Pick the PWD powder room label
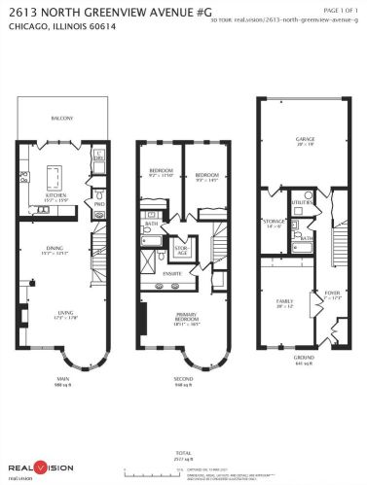coord(98,204)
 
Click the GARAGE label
coord(304,139)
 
